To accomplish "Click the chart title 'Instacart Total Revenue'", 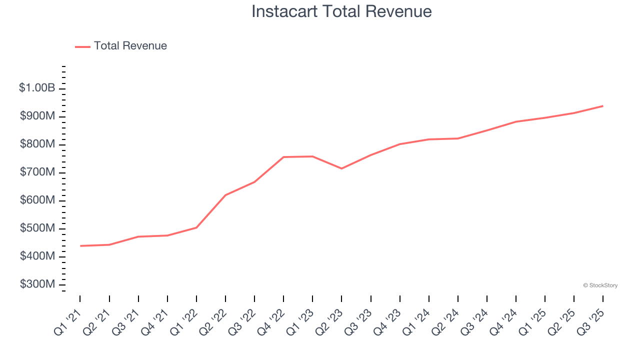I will coord(341,11).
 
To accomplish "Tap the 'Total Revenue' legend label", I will coord(130,46).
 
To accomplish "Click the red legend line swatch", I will coord(82,46).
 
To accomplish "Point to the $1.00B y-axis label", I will coord(37,88).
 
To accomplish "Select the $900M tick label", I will coord(37,116).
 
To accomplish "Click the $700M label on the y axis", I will coord(37,172).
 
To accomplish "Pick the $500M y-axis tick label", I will coord(37,228).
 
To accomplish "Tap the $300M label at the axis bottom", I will coord(37,284).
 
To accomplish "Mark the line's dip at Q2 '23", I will coord(341,168).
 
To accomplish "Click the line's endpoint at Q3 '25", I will coord(602,106).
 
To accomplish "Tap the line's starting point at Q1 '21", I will coord(80,246).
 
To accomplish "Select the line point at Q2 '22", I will coord(225,195).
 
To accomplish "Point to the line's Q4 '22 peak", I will coord(283,157).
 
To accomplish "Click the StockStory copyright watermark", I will coord(600,285).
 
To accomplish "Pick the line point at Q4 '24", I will coord(515,121).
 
